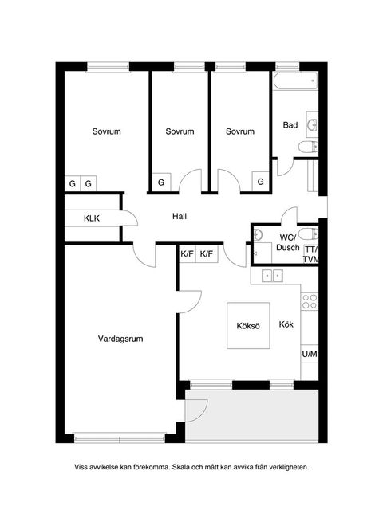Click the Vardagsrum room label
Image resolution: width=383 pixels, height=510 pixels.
point(120,339)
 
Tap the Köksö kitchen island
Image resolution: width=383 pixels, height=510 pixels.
point(248,326)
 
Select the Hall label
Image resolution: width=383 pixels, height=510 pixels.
point(180,216)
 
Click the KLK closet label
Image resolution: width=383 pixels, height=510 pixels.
point(92,218)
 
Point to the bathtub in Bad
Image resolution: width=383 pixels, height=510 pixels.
point(295,80)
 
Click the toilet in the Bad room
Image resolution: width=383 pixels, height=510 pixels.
point(308,147)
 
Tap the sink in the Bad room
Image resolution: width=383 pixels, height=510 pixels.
point(312,124)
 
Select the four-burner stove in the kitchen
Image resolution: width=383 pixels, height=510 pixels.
point(310,301)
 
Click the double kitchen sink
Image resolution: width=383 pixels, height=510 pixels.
point(272,276)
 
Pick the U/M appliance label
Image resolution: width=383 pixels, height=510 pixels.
point(310,354)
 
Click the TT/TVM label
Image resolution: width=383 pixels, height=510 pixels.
point(311,254)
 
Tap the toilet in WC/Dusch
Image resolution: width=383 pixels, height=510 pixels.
point(308,233)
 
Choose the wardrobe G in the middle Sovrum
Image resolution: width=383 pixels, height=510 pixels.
point(161,182)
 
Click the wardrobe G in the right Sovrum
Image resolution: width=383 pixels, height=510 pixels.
point(261,182)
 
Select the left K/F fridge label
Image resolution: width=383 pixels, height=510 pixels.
point(187,253)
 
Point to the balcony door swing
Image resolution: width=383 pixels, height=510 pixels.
point(196,410)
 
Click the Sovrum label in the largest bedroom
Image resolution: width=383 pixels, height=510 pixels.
point(106,131)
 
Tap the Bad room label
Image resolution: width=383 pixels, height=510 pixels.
point(290,125)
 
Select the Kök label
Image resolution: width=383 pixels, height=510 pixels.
point(286,324)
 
